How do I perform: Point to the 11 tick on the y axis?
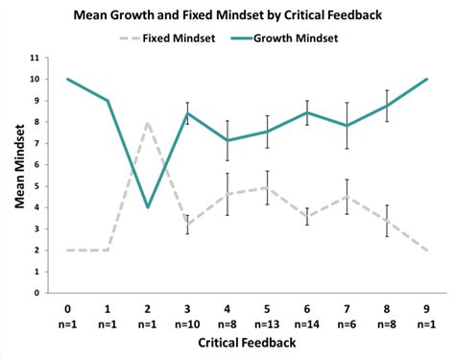[x=35, y=58]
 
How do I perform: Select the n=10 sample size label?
[x=188, y=324]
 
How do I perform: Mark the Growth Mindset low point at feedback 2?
[x=146, y=207]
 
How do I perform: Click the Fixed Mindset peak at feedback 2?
[x=146, y=122]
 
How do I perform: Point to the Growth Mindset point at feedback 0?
[x=67, y=79]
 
